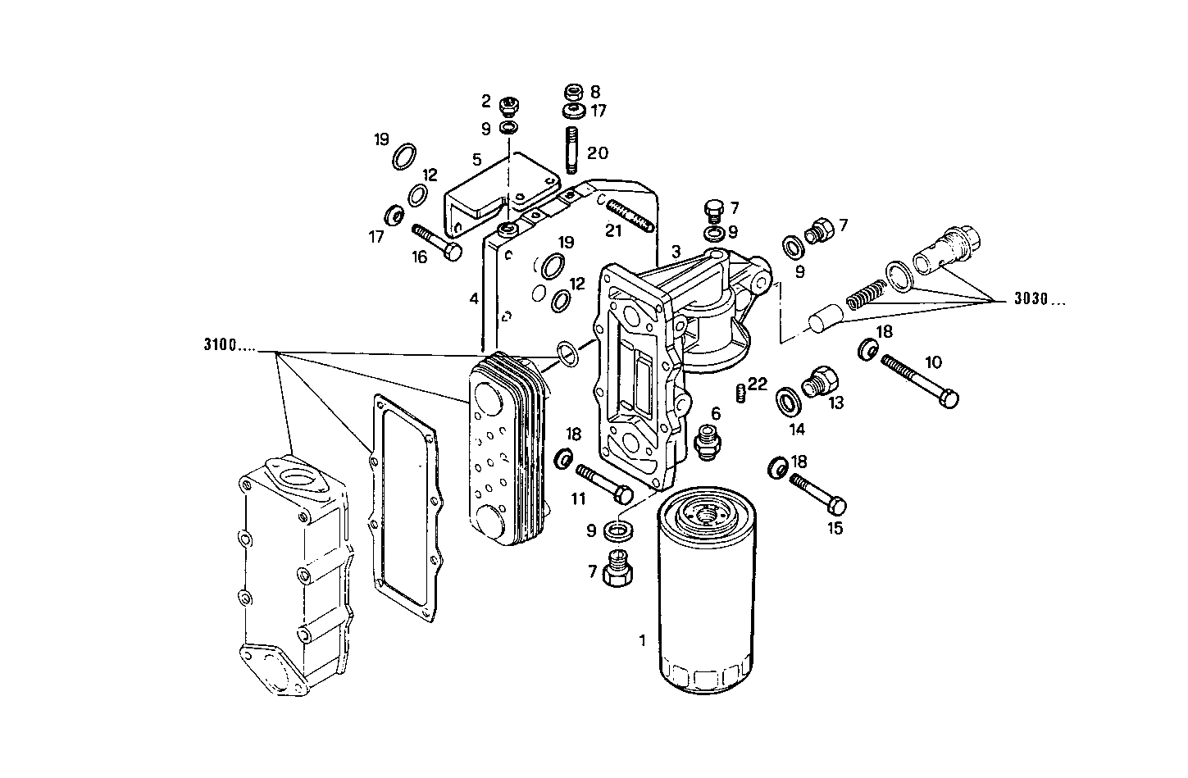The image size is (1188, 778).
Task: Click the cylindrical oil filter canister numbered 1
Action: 707,598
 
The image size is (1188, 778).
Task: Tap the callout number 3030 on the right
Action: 1040,300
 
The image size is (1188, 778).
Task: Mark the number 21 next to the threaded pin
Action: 614,231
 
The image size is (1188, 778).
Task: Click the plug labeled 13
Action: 822,381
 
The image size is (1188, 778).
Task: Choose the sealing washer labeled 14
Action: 790,400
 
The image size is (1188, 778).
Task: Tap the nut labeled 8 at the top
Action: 574,91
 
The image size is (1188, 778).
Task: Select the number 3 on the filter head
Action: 675,251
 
